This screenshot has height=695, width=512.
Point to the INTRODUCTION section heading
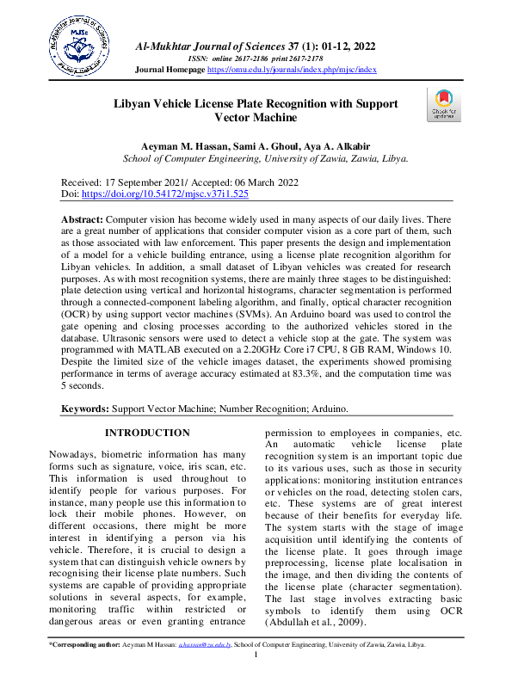[146, 433]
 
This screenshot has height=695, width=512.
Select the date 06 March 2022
[250, 182]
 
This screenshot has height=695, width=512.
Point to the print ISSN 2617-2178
[299, 57]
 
